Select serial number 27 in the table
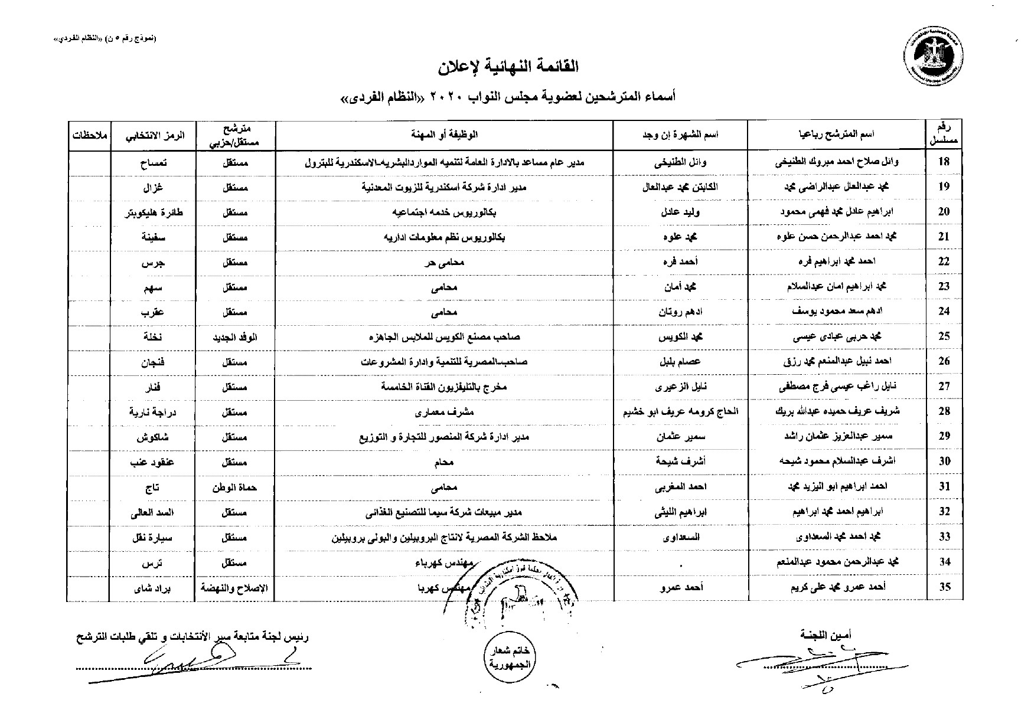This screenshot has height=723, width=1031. (x=944, y=387)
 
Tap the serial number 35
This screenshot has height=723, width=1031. (x=944, y=587)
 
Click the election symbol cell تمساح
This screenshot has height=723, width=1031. (x=153, y=163)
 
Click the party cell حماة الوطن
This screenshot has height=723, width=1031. (x=235, y=488)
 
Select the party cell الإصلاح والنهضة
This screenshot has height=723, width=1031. (x=235, y=588)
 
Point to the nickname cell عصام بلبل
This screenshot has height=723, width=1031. (x=681, y=362)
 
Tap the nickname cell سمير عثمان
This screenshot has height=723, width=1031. (x=681, y=437)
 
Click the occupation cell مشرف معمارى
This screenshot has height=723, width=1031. (x=445, y=412)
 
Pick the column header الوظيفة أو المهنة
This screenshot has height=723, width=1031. (x=445, y=135)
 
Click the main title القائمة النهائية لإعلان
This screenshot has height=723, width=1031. (x=508, y=67)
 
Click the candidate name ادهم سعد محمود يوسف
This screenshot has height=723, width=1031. (x=837, y=311)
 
